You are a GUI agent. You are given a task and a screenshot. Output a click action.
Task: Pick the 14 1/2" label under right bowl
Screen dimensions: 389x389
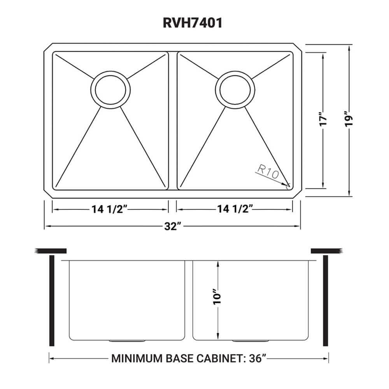click(233, 209)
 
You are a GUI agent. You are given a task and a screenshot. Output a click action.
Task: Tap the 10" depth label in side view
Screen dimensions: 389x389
click(218, 298)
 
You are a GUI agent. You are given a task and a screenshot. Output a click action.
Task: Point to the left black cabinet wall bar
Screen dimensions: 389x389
click(51, 300)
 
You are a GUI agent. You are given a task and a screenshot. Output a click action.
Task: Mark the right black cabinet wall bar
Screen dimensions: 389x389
click(326, 300)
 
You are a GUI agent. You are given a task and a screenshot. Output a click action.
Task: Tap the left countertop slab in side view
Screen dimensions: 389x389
click(51, 250)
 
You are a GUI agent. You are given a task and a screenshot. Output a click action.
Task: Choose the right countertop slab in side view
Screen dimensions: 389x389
click(326, 250)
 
